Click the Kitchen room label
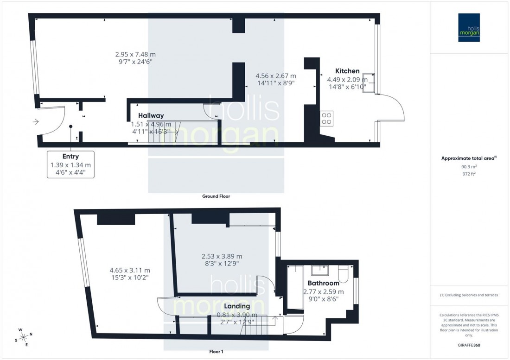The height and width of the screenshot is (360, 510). pyautogui.click(x=347, y=71)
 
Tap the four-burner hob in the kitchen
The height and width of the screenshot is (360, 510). pyautogui.click(x=326, y=119)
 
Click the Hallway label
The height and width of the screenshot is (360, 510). pyautogui.click(x=151, y=116)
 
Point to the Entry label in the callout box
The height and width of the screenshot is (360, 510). pyautogui.click(x=70, y=157)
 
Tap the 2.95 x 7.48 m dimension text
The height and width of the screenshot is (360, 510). pyautogui.click(x=135, y=54)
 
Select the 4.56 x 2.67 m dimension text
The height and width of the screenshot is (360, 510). pyautogui.click(x=275, y=76)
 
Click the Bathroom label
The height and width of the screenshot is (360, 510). pyautogui.click(x=323, y=283)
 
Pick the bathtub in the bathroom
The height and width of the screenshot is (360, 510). pyautogui.click(x=294, y=287)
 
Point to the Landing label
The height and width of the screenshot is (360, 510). pyautogui.click(x=237, y=306)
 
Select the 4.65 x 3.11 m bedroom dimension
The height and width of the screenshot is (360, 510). pyautogui.click(x=129, y=270)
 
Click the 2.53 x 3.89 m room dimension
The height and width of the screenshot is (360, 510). pyautogui.click(x=222, y=256)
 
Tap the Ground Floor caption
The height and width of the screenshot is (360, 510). pyautogui.click(x=216, y=196)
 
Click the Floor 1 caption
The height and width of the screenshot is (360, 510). pyautogui.click(x=216, y=352)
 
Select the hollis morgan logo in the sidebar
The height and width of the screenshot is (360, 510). pyautogui.click(x=469, y=27)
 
